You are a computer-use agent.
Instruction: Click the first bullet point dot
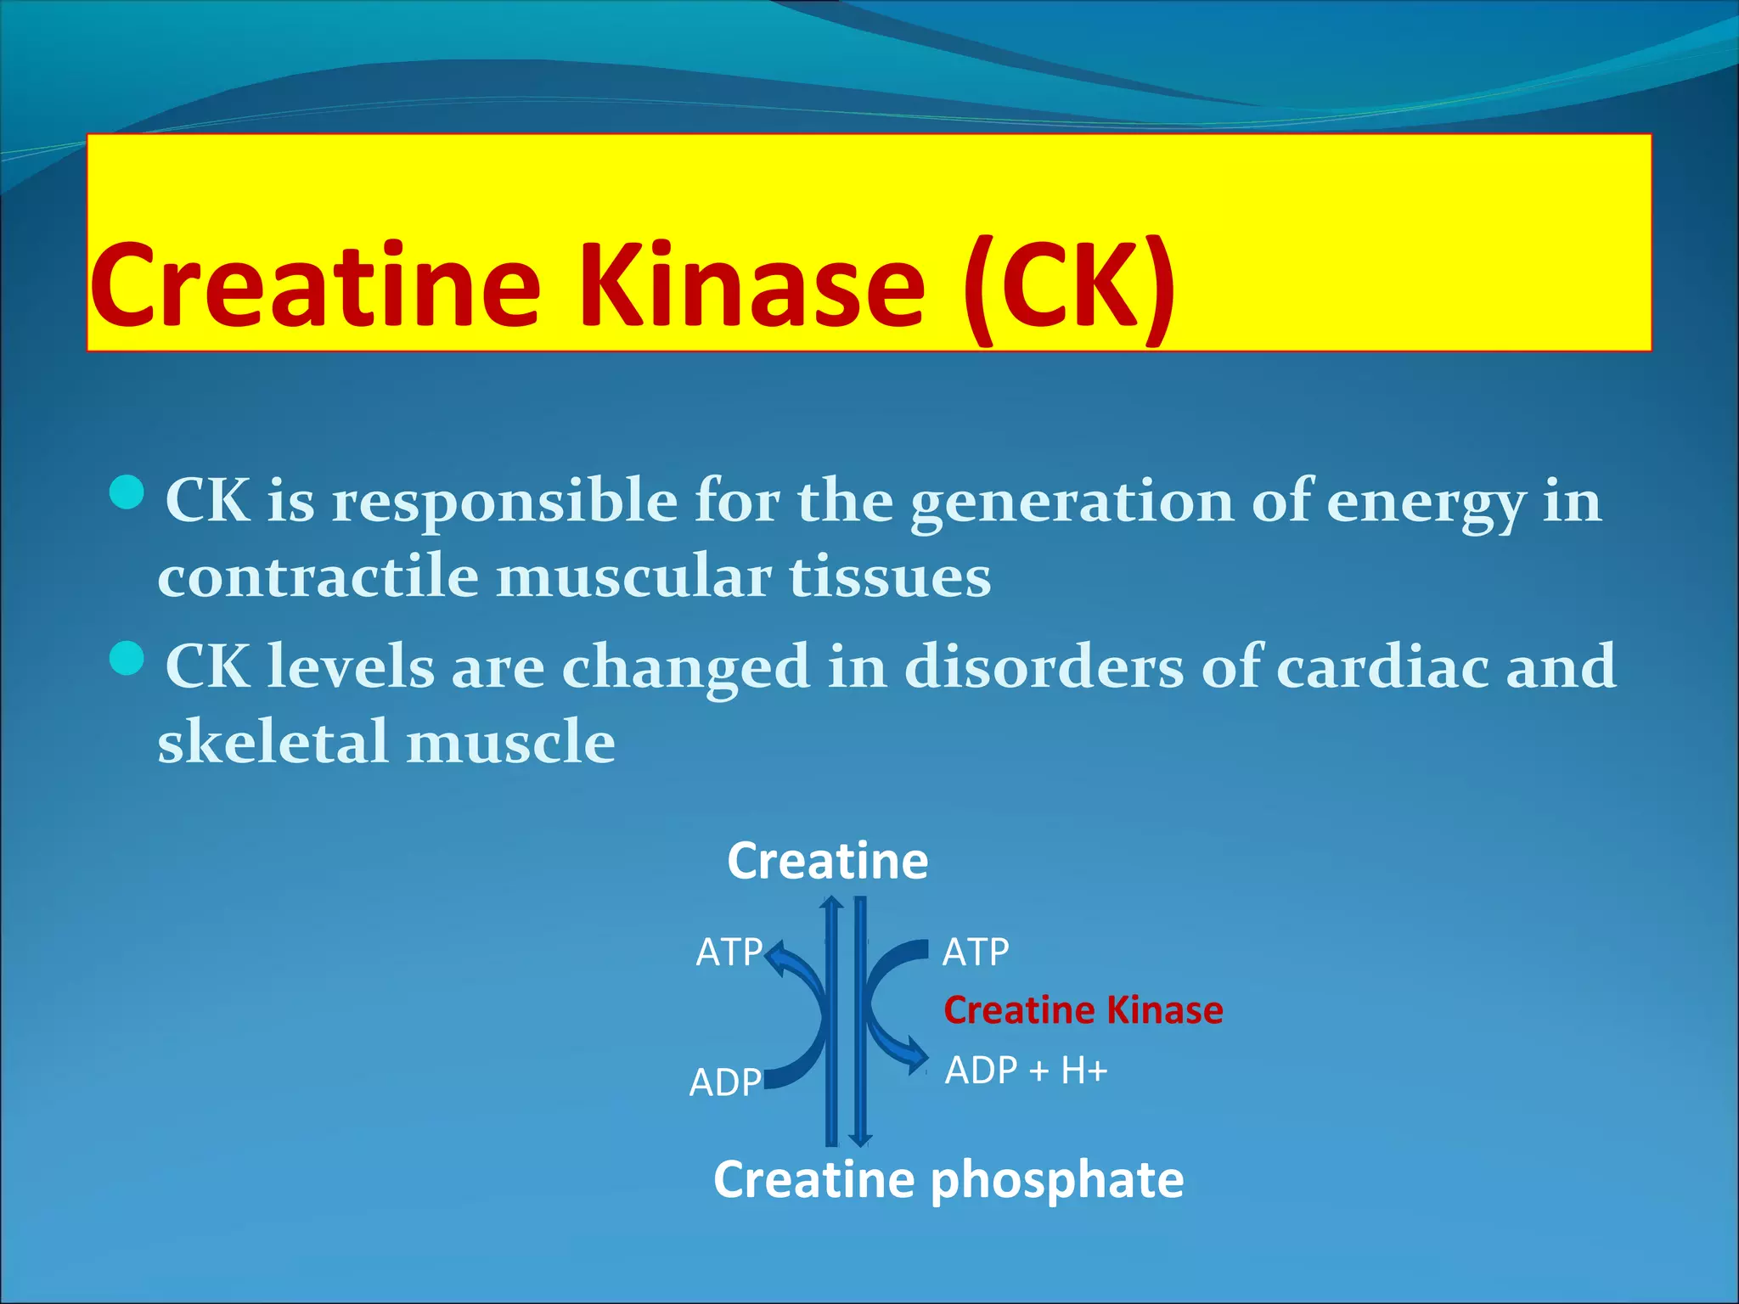pyautogui.click(x=127, y=492)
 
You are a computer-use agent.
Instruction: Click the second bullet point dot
pyautogui.click(x=127, y=658)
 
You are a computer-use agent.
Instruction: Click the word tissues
pyautogui.click(x=890, y=577)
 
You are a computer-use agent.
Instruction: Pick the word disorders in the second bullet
pyautogui.click(x=1043, y=667)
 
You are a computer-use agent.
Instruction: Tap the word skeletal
pyautogui.click(x=273, y=742)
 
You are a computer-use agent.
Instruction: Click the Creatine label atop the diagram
pyautogui.click(x=827, y=861)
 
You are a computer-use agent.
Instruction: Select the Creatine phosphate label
pyautogui.click(x=948, y=1180)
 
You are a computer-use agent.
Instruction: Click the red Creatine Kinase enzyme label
pyautogui.click(x=1083, y=1010)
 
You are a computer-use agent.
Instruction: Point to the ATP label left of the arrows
pyautogui.click(x=729, y=953)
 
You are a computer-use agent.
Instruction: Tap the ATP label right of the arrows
pyautogui.click(x=975, y=953)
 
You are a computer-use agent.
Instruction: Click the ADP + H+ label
pyautogui.click(x=1026, y=1071)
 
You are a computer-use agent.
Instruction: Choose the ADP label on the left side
pyautogui.click(x=725, y=1083)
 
